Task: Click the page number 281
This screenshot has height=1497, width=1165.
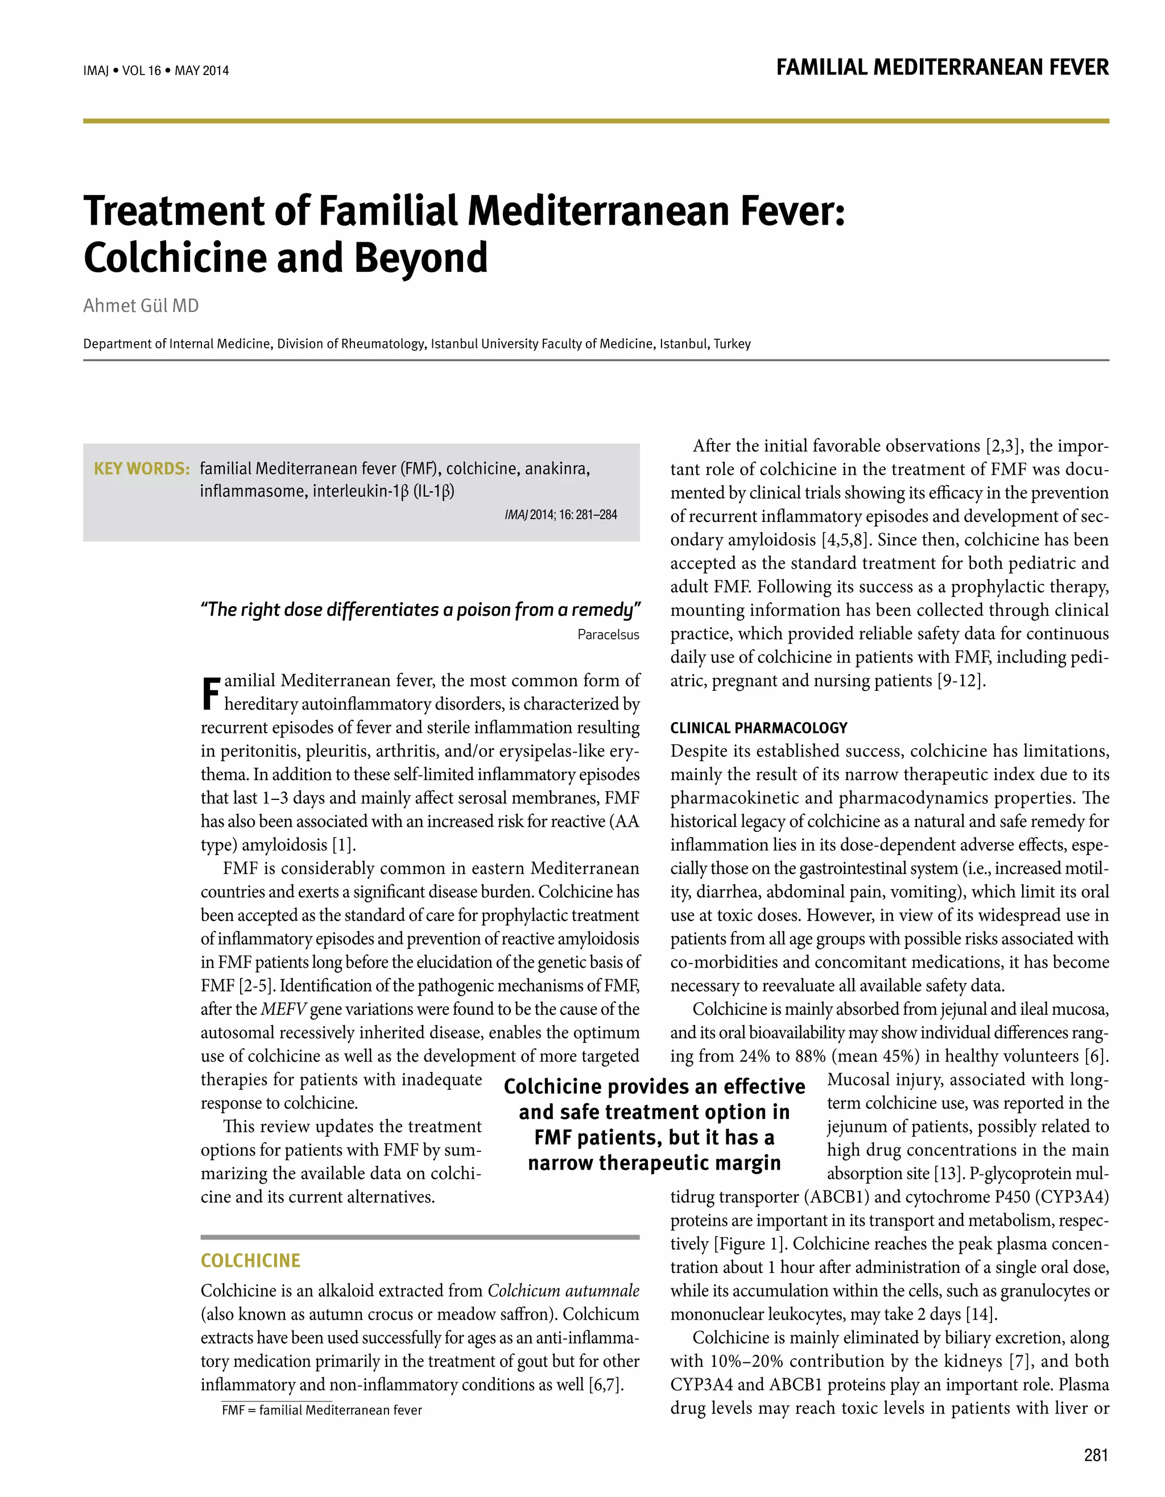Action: [1096, 1454]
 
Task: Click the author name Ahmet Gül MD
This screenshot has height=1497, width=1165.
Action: [141, 306]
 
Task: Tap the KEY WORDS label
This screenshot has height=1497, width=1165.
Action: [141, 469]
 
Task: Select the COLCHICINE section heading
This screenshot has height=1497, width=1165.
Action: [250, 1260]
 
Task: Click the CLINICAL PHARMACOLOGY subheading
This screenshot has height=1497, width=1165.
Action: [758, 728]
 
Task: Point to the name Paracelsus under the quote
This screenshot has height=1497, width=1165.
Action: [608, 635]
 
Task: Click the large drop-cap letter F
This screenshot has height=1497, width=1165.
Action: [211, 694]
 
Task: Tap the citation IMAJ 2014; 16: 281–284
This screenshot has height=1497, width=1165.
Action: [560, 515]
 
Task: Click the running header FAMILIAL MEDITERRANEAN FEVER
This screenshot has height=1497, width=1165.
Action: [941, 68]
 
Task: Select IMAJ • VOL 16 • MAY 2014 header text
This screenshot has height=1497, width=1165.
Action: [156, 71]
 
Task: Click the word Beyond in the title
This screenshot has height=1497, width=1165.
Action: [420, 259]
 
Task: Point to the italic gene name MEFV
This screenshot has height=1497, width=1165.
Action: [283, 1010]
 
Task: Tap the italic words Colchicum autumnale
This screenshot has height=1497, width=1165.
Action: [563, 1291]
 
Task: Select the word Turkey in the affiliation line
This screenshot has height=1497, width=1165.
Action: [732, 344]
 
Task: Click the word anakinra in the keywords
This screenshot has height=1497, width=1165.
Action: [557, 469]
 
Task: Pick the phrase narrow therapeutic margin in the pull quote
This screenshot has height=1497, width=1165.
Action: [654, 1163]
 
